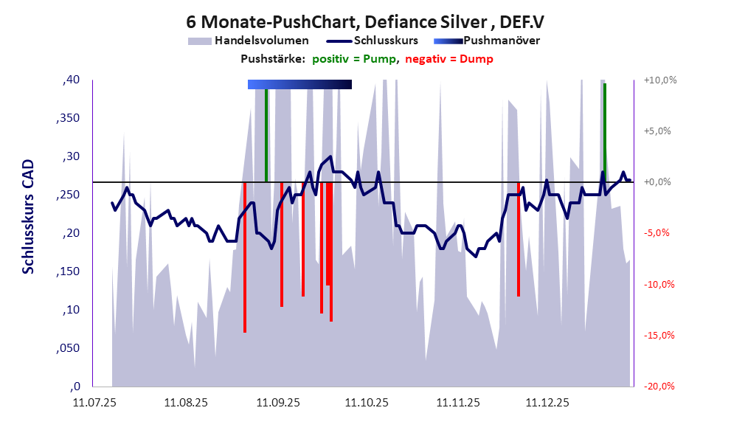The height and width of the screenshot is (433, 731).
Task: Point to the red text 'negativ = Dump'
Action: (449, 59)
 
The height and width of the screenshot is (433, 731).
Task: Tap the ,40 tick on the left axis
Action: (71, 80)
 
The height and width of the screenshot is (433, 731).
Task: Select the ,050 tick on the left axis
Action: (68, 348)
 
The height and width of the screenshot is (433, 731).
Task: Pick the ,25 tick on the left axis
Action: (71, 195)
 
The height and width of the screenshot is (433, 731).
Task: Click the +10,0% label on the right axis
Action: (659, 80)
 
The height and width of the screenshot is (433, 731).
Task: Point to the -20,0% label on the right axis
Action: (659, 387)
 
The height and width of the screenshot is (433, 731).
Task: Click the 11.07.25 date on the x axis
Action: (94, 403)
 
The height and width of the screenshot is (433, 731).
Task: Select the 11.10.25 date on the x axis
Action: (367, 403)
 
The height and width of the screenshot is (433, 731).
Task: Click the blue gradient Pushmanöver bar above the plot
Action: (299, 85)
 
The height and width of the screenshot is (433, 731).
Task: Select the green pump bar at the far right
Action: (605, 133)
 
